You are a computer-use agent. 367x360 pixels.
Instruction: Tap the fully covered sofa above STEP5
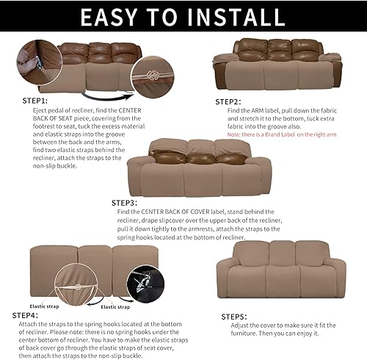point(280,269)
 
